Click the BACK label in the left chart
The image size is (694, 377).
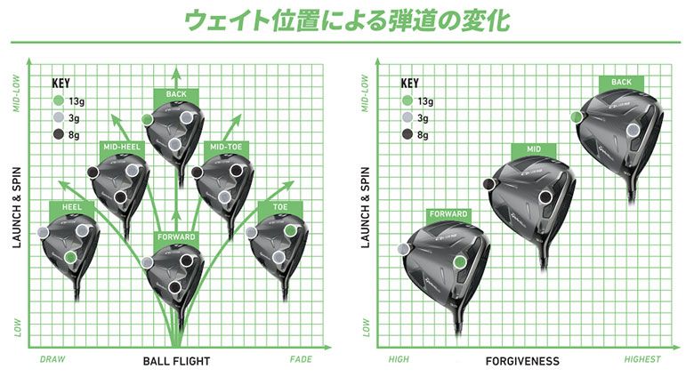coord(176,94)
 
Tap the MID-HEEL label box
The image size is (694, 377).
coord(122,147)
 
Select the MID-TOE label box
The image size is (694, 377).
coord(226,147)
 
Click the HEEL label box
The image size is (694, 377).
coord(72,207)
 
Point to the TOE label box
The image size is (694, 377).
coord(280,207)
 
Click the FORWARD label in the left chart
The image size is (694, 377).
coord(176,237)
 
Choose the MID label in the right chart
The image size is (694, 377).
coord(534,149)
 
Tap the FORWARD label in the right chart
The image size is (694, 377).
coord(448,214)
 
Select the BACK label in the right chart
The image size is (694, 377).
coord(621,82)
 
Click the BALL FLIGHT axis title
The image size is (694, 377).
coord(176,361)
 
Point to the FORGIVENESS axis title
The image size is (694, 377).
coord(522,361)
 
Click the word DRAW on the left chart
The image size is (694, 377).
coord(52,359)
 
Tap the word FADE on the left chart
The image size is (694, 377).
coord(301,359)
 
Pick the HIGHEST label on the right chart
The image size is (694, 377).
coord(642,359)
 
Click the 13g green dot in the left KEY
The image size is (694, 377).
coord(59,100)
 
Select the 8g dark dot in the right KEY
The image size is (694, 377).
coord(408,134)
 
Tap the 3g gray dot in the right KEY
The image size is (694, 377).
coord(408,117)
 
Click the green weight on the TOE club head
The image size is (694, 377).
coord(290,230)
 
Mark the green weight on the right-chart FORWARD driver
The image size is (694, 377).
coord(460,262)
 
